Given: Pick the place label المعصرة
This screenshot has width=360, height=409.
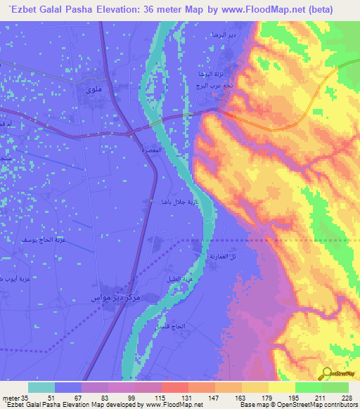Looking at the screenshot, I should [x=153, y=150].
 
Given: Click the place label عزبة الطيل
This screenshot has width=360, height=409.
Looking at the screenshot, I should [x=176, y=279].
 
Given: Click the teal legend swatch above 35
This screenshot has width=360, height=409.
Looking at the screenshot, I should [x=41, y=387].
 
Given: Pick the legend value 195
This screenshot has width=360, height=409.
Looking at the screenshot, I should [x=278, y=398].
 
